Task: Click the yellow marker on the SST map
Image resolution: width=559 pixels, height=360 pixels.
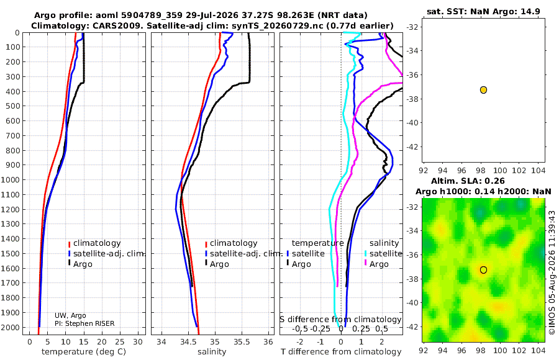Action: [483, 90]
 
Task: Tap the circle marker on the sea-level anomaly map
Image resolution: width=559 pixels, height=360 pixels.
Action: [483, 270]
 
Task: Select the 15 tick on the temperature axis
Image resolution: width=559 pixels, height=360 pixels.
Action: [84, 342]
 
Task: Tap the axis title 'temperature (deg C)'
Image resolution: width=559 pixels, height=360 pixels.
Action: [84, 352]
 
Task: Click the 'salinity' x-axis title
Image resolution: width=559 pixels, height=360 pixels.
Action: [212, 352]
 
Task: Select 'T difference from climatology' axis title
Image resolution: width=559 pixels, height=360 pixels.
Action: [341, 352]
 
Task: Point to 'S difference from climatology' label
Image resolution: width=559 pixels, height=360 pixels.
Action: [340, 320]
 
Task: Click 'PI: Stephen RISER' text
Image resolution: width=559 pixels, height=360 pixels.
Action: [84, 323]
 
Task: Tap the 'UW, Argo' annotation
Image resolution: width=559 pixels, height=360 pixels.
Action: [70, 315]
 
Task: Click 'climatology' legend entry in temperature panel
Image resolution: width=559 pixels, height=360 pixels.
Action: [97, 243]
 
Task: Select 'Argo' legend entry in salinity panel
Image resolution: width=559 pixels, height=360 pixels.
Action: [219, 264]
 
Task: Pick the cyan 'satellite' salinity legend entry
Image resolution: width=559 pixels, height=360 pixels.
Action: [385, 253]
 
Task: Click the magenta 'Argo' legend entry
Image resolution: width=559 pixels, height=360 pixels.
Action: [379, 264]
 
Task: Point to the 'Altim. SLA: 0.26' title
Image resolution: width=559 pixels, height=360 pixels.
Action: [468, 181]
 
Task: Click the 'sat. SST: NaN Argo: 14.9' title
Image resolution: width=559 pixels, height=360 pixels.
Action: [483, 11]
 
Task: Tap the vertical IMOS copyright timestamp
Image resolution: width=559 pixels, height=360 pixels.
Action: [552, 272]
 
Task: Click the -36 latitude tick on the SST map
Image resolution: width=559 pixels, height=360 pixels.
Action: [413, 75]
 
